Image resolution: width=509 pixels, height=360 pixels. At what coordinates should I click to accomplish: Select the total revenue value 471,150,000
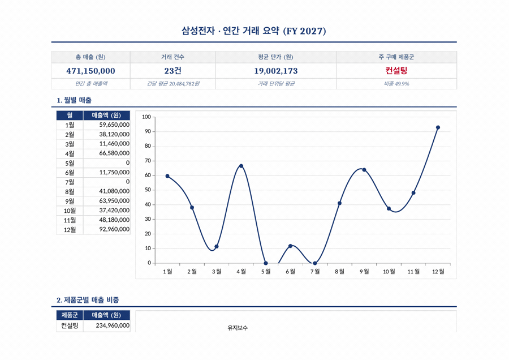point(90,71)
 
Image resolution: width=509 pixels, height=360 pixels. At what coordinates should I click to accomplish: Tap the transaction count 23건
point(172,71)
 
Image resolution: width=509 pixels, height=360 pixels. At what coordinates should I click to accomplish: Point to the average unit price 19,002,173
point(275,71)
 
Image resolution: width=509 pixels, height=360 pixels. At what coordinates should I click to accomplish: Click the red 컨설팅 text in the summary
point(396,71)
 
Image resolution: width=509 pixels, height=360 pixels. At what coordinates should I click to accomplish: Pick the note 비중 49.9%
point(396,84)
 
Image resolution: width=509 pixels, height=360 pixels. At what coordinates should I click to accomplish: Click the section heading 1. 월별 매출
point(74,100)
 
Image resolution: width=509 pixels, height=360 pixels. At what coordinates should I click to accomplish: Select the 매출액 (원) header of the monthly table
point(106,115)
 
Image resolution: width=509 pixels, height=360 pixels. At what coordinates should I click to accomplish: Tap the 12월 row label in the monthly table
point(70,229)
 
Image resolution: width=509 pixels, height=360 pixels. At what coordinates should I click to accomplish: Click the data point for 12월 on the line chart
point(438,127)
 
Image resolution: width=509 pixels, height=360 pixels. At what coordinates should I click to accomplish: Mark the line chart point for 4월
point(241,166)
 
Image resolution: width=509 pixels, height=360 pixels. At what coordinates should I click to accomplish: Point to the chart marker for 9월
point(364,170)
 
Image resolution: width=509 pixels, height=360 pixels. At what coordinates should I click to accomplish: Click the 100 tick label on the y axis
point(146,117)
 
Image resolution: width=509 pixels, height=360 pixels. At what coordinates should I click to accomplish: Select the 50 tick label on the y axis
point(147,190)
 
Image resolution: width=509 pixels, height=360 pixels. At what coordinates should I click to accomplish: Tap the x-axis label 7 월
point(314,271)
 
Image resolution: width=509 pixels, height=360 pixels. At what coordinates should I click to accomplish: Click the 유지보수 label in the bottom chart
point(238,328)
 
